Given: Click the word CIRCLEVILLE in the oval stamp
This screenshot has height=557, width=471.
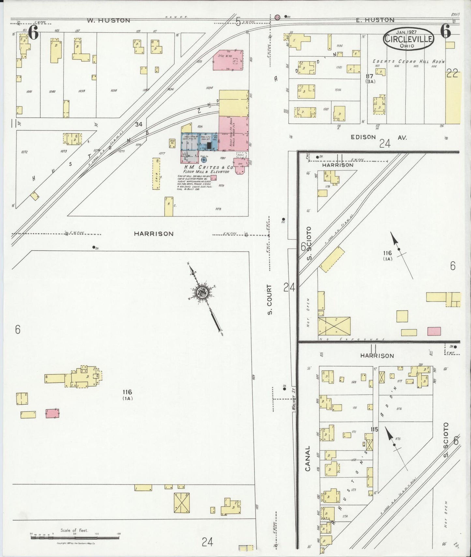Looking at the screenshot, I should click(x=409, y=39).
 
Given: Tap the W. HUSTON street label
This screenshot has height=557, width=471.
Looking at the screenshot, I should click(x=109, y=21).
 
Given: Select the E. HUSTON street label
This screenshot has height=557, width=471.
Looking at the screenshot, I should click(x=375, y=20).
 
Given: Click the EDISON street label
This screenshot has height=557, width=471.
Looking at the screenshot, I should click(x=363, y=137).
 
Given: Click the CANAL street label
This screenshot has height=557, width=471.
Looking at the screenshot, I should click(x=308, y=458).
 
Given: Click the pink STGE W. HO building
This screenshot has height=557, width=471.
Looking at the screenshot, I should click(x=228, y=60).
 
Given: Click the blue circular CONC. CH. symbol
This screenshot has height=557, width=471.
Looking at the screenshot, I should click(x=204, y=160).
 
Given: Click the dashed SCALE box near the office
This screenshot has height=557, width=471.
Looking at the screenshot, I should click(x=241, y=155).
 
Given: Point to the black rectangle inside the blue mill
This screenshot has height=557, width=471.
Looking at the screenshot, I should click(x=209, y=146).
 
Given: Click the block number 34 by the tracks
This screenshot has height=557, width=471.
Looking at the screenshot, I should click(x=139, y=124).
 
